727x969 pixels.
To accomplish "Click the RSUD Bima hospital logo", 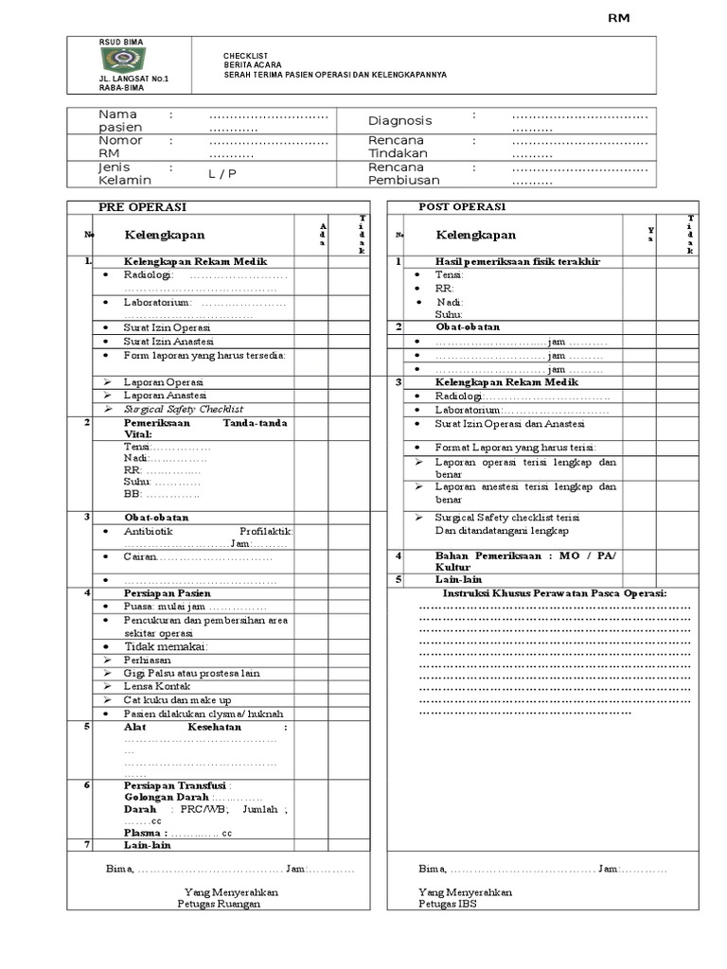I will click(123, 61).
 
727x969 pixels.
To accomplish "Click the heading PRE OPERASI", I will click(142, 207).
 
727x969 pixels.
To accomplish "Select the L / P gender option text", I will click(222, 174).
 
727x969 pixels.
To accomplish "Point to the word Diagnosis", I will click(399, 121).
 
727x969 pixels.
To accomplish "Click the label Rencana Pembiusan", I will click(399, 173).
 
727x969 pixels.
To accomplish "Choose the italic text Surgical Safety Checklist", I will click(184, 409).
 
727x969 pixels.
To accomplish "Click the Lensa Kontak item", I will click(157, 686).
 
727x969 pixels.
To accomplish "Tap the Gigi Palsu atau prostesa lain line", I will click(191, 673).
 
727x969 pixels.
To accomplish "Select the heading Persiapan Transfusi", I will click(177, 784).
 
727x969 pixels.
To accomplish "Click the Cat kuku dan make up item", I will click(177, 699).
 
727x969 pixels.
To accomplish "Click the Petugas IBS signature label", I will click(448, 903).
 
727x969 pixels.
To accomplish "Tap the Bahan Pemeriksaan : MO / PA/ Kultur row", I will click(525, 561).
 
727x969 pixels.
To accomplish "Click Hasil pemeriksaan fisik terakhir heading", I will click(517, 261).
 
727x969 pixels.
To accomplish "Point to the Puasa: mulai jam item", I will click(194, 607).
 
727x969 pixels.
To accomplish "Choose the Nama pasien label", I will click(120, 121).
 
